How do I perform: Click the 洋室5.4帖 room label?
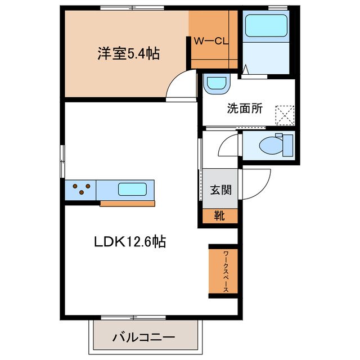tap(128, 54)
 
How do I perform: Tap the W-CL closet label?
tap(213, 40)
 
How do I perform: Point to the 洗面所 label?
tap(245, 109)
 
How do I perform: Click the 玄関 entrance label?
tap(221, 190)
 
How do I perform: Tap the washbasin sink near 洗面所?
tap(216, 84)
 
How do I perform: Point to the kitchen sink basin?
tap(133, 189)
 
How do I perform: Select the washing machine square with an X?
tap(285, 116)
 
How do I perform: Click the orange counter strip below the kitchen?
tap(127, 203)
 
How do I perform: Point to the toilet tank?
tap(288, 145)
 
